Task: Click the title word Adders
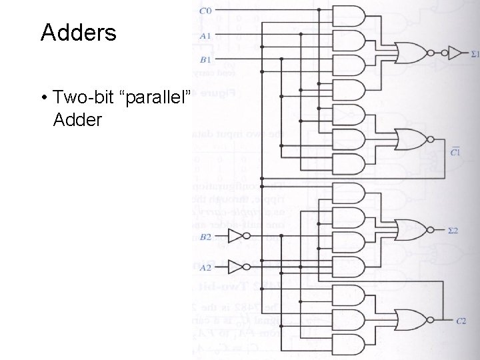(x=78, y=33)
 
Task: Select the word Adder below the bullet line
(x=79, y=121)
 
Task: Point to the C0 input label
(x=205, y=10)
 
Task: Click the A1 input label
(x=205, y=35)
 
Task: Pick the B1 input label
(x=205, y=60)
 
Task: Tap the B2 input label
(x=205, y=237)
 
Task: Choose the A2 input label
(x=205, y=267)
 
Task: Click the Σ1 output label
(x=474, y=53)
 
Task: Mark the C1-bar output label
(x=455, y=151)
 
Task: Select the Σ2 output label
(x=453, y=231)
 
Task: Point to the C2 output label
(x=461, y=321)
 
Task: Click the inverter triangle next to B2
(x=237, y=236)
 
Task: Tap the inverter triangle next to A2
(x=237, y=267)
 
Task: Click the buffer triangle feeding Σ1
(x=455, y=52)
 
